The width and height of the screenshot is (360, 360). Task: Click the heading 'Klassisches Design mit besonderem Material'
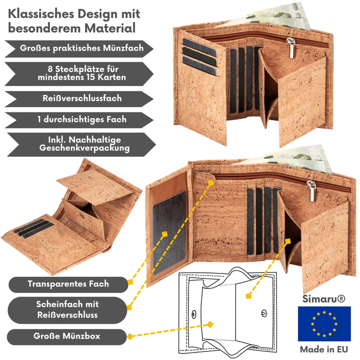[74, 20]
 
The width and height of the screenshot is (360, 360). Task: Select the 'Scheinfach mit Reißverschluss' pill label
[67, 309]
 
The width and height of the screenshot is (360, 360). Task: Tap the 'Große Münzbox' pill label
[67, 336]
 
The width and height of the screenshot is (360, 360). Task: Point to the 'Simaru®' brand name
[324, 299]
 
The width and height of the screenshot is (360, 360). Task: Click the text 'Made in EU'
[324, 349]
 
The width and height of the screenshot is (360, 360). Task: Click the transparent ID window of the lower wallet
[169, 229]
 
